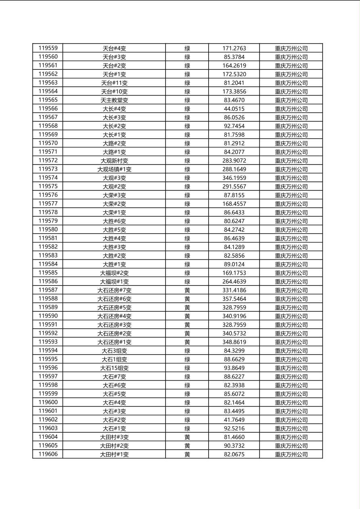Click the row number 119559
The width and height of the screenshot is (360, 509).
pos(48,48)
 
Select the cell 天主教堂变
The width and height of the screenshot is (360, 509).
pos(114,100)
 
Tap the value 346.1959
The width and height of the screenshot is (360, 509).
pos(234,178)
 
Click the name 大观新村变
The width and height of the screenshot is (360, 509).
pos(114,161)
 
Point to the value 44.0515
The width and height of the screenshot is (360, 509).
pos(234,108)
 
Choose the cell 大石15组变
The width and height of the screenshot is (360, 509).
pos(114,368)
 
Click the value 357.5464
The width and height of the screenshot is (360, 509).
pos(234,299)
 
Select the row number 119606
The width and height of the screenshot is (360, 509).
pos(48,454)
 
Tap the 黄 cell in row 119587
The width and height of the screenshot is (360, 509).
pos(187,290)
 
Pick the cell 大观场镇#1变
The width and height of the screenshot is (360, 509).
pos(114,169)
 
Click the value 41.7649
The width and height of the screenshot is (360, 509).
pos(234,420)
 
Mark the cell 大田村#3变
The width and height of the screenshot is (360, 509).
pos(114,437)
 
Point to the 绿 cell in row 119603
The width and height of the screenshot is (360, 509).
pos(187,428)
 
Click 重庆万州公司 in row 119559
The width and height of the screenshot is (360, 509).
pos(291,48)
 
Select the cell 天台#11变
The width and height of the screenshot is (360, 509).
pos(114,83)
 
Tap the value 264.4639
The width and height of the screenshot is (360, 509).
pos(234,282)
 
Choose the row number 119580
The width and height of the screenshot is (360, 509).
pos(48,229)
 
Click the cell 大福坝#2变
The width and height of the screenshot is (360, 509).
pos(114,273)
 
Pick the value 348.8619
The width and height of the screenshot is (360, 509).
pos(234,342)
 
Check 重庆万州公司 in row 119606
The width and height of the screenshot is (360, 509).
pos(291,454)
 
